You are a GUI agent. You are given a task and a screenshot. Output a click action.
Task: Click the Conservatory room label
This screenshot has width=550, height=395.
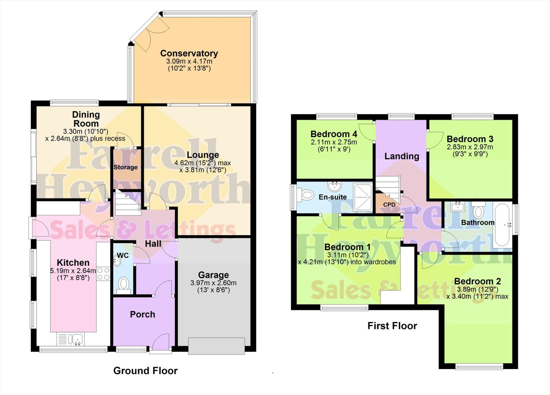click(189, 53)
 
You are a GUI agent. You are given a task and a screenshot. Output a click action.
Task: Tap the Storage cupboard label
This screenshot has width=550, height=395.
click(125, 167)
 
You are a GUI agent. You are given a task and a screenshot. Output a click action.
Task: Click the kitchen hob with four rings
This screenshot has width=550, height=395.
click(103, 274)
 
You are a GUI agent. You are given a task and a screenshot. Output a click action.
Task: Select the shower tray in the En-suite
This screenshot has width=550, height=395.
click(363, 197)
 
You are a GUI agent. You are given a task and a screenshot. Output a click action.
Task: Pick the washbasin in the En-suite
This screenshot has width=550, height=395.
click(335, 186)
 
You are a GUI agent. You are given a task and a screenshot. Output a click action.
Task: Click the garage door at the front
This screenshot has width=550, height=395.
click(216, 346)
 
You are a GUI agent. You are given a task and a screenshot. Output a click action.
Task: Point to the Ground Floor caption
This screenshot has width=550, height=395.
click(146, 371)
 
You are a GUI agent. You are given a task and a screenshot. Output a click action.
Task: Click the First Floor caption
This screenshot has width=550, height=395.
click(392, 326)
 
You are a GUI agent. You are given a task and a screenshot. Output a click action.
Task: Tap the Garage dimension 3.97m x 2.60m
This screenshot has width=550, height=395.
click(214, 283)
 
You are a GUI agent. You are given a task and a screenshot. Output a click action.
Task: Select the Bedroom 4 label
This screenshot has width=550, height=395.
click(334, 134)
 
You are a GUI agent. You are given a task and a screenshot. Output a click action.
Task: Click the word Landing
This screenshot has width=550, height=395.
click(402, 156)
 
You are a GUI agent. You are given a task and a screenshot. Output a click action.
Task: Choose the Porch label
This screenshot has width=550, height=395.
click(143, 314)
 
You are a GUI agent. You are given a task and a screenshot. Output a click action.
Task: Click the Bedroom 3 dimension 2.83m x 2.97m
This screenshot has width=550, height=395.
click(470, 147)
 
